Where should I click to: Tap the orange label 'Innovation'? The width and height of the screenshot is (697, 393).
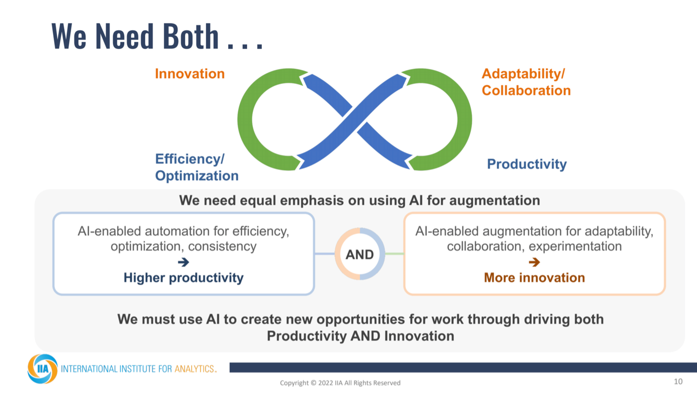point(190,74)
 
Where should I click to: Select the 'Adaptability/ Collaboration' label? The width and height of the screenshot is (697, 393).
point(526,82)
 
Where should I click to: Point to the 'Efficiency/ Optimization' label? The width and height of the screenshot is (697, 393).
point(196,167)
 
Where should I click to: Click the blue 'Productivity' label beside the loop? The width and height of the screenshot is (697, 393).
point(527,164)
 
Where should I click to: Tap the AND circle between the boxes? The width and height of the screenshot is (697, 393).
point(360,254)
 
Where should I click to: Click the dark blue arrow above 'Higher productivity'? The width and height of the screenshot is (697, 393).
point(184,262)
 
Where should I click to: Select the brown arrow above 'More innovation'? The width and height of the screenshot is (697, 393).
point(534,262)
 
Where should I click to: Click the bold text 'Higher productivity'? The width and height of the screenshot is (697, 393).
point(184,277)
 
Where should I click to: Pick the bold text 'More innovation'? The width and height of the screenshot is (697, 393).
point(534,277)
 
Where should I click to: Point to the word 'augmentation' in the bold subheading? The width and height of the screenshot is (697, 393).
point(494,201)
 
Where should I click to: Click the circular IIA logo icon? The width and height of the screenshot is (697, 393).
point(42,369)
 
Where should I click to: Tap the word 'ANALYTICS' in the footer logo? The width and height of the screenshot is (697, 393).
point(194,369)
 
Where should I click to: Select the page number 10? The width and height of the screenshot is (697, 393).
point(678,381)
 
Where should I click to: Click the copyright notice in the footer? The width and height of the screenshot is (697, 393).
point(340,383)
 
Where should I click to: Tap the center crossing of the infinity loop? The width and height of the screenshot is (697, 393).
point(354,119)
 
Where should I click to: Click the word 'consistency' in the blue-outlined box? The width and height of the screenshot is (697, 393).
point(222,246)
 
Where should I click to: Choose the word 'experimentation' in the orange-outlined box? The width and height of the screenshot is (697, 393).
point(575,246)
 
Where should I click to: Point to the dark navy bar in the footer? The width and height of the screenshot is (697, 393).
point(464,368)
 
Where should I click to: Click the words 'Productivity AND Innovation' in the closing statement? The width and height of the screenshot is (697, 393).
point(360,336)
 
